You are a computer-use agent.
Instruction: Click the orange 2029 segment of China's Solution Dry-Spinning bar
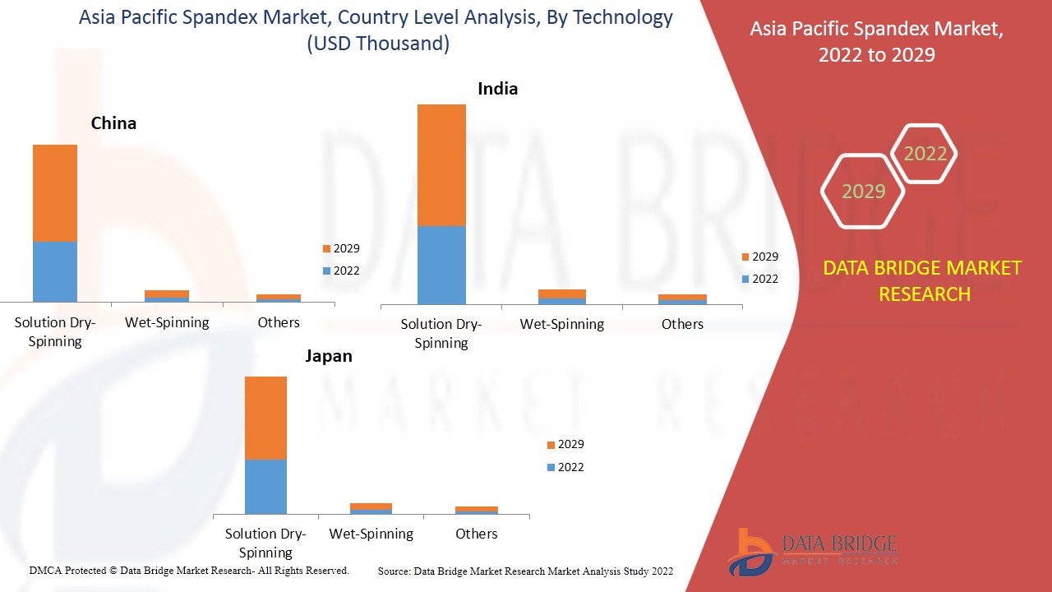(x=55, y=193)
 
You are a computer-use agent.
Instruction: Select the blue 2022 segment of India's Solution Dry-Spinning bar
(x=441, y=265)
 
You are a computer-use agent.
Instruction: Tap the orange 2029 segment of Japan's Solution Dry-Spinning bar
(x=265, y=418)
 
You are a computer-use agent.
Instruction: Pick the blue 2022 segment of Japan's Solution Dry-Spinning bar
(x=265, y=486)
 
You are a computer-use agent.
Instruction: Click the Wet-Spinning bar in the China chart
(x=167, y=296)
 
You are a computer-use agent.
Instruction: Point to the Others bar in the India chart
(x=682, y=299)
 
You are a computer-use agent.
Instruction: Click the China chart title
(x=113, y=123)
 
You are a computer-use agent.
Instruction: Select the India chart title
(x=498, y=89)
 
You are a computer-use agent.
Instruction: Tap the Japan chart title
(x=329, y=356)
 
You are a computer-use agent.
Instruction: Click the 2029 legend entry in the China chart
(x=340, y=248)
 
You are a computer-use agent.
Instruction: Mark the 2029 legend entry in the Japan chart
(x=565, y=444)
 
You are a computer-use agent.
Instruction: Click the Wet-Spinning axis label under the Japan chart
(x=371, y=534)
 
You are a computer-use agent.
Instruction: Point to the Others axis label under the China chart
(x=279, y=322)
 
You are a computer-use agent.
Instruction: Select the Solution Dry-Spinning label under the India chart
(x=441, y=333)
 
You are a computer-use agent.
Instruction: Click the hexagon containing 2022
(x=925, y=154)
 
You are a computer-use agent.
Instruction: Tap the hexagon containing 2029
(x=863, y=192)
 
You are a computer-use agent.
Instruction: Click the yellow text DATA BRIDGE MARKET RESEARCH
(x=924, y=280)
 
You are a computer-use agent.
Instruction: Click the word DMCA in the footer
(x=44, y=570)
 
